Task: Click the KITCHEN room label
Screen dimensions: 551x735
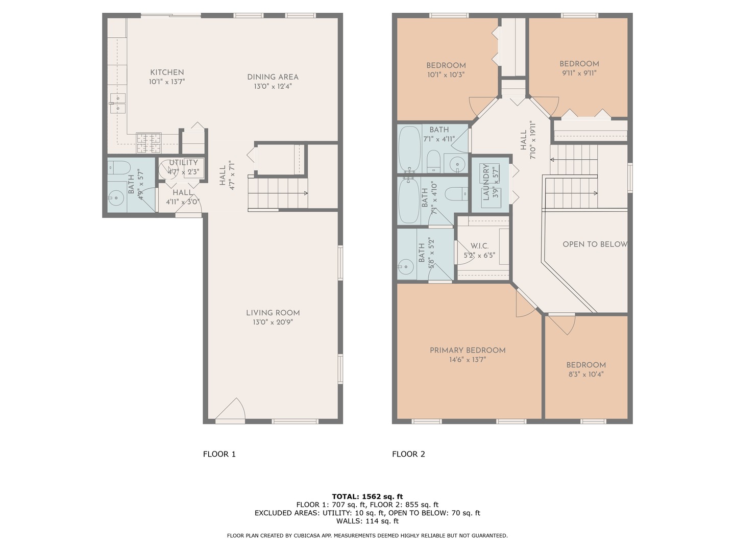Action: coord(167,72)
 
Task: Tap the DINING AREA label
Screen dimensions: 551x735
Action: coord(273,77)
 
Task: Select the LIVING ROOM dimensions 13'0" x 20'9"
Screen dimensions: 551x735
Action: coord(273,322)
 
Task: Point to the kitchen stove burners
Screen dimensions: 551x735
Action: coord(149,143)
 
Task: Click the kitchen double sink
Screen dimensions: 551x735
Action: coord(118,104)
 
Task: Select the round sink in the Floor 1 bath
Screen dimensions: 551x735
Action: coord(116,197)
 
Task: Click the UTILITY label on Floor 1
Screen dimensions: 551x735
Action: coord(183,163)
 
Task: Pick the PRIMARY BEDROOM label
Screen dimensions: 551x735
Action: coord(468,350)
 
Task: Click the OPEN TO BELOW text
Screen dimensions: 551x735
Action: coord(595,244)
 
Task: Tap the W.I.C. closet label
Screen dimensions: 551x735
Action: coord(479,246)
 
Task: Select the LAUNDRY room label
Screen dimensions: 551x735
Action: coord(486,182)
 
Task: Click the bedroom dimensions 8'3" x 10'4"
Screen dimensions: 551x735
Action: coord(586,374)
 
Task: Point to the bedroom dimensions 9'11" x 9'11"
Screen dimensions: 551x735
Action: coord(579,73)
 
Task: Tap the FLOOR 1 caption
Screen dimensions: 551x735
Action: coord(219,454)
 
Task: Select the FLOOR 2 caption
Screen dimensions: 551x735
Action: coord(408,454)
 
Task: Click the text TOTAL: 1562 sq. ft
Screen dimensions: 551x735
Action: coord(367,496)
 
